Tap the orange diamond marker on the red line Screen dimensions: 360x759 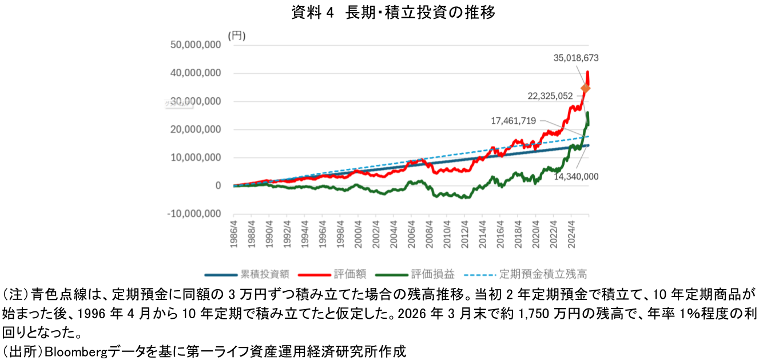click(x=585, y=88)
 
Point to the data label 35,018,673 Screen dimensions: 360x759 click(x=576, y=57)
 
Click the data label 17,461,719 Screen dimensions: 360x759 click(x=513, y=120)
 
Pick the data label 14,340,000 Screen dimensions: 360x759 click(x=576, y=176)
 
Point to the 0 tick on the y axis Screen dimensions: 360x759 click(x=218, y=185)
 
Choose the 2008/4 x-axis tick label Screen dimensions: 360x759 click(x=429, y=235)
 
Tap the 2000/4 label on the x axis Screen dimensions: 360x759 click(x=358, y=235)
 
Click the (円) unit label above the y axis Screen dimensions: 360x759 click(x=236, y=35)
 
